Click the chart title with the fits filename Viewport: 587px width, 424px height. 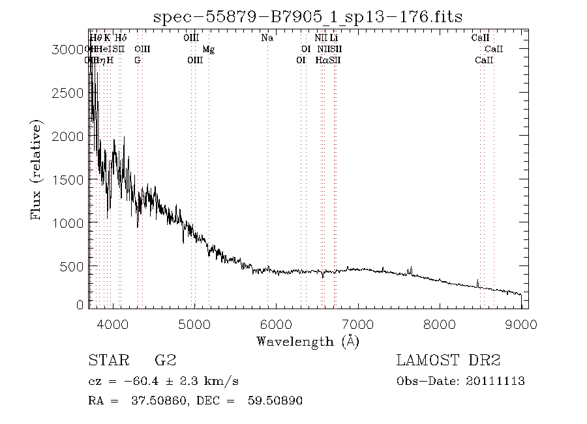pos(307,16)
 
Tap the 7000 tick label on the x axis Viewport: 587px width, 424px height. pos(357,323)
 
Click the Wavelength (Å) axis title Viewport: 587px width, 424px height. pos(307,341)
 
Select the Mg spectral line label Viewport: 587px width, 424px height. pos(208,49)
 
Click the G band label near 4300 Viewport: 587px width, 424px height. pos(137,60)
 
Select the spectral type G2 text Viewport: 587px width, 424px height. pos(165,361)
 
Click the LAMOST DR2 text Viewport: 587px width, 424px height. pos(448,361)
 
